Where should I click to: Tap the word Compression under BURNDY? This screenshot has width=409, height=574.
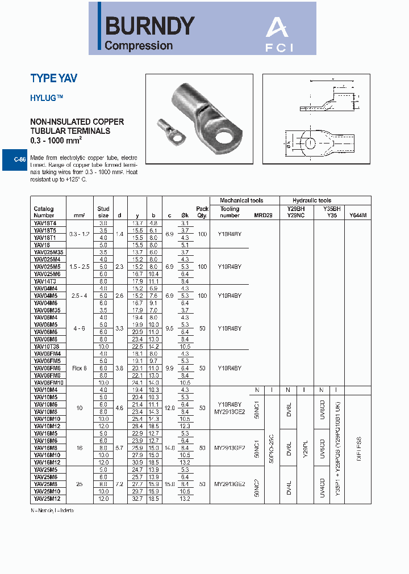pos(139,46)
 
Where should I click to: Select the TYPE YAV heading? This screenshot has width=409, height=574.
pos(53,79)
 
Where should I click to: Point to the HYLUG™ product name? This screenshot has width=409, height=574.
pos(47,98)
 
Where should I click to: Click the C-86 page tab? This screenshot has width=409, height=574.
pos(19,159)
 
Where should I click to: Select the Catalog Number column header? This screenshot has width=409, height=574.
pos(44,212)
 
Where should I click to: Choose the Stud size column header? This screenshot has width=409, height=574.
pos(103,212)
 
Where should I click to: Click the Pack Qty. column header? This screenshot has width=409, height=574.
pos(202,212)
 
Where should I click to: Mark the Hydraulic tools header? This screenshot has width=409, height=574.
pos(312,200)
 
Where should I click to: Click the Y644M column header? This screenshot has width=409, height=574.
pos(357,216)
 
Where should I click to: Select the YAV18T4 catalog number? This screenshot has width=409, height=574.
pos(45,224)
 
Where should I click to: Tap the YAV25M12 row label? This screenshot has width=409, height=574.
pos(47,499)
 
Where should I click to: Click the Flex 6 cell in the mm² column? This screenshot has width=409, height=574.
pos(79,368)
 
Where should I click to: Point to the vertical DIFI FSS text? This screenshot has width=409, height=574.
pos(358,448)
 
